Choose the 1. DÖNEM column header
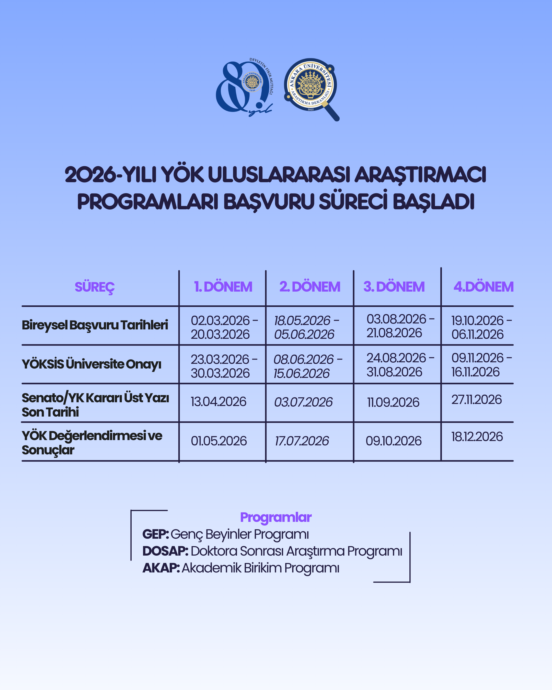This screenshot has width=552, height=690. click(x=223, y=287)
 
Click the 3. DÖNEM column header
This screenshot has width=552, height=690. click(x=394, y=287)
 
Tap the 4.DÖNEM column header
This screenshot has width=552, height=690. click(x=483, y=287)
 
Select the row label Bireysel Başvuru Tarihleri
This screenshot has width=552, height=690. click(x=95, y=325)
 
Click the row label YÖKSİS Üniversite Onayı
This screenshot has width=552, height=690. click(x=91, y=364)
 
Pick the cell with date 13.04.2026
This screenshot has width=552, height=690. click(x=218, y=402)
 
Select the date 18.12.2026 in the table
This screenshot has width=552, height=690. click(x=477, y=436)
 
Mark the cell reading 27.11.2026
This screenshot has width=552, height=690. click(x=476, y=399)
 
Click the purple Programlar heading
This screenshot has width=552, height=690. click(x=275, y=517)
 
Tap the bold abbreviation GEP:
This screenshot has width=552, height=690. click(x=156, y=534)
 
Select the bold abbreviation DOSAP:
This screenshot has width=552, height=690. click(x=165, y=551)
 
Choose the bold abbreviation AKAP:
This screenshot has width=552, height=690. click(x=161, y=568)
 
